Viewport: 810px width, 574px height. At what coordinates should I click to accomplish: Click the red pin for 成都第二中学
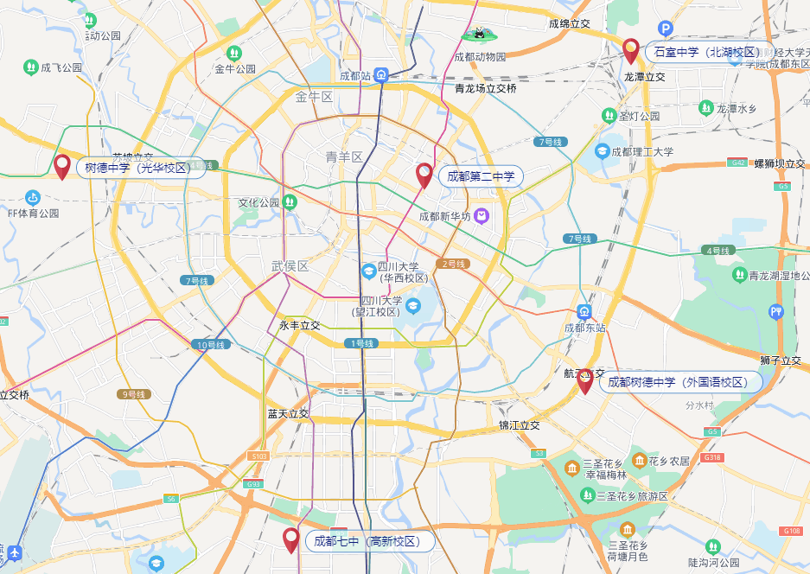click(424, 174)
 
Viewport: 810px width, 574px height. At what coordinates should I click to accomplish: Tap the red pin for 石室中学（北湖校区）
click(631, 50)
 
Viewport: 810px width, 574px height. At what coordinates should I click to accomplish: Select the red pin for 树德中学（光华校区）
click(61, 165)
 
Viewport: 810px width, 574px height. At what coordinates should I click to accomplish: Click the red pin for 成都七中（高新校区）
click(291, 539)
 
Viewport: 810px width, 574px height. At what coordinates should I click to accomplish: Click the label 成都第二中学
click(481, 177)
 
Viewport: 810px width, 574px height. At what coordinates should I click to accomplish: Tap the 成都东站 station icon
click(584, 311)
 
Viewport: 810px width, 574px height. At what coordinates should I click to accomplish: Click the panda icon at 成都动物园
click(477, 34)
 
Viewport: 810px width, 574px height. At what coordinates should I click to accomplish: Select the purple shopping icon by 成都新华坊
click(482, 216)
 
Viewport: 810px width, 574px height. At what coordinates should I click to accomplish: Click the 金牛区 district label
click(314, 96)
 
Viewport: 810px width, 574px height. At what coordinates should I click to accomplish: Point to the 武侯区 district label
click(290, 266)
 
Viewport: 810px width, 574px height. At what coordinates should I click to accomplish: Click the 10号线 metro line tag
click(210, 345)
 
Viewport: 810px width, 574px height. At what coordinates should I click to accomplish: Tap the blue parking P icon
click(666, 29)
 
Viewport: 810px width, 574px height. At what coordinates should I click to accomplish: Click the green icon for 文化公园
click(290, 201)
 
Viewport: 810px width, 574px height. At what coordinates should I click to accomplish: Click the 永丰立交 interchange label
click(299, 326)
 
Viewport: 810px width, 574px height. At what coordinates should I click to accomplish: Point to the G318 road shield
click(712, 457)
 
